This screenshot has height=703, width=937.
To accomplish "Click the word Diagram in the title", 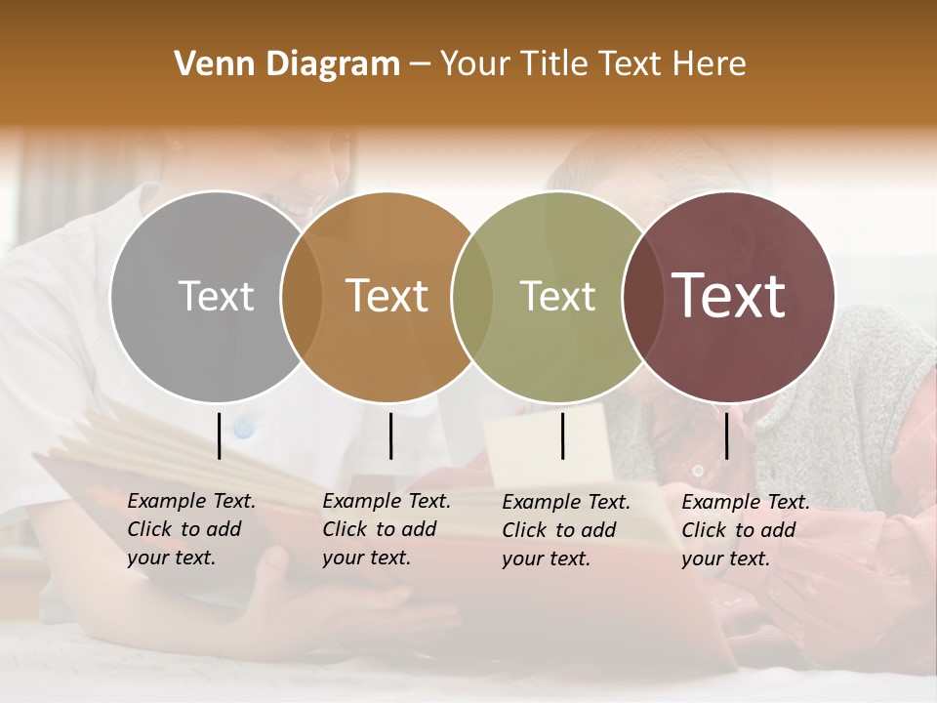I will coord(333,64).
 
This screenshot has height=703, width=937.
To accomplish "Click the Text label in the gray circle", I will coord(216,296).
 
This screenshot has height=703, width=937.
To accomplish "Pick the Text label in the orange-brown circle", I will coord(387,296).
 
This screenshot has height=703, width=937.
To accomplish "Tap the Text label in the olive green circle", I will coord(557,296).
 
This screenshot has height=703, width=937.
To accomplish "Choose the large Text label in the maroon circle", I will coord(729,296).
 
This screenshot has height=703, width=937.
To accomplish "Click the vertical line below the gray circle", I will coord(220,435).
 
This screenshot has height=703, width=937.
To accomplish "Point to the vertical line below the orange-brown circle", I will coord(390,435).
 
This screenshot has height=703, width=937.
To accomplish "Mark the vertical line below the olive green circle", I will coord(563,435).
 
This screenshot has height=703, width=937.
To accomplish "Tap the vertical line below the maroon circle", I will coord(726,435).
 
